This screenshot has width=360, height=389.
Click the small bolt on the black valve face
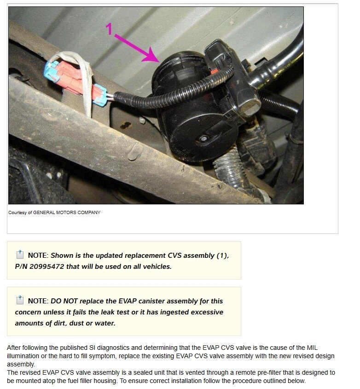pos(203,139)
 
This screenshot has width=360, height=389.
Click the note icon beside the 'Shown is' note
pos(19,255)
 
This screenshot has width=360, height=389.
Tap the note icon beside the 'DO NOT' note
pos(19,301)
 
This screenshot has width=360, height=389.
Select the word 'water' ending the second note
pos(104,323)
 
